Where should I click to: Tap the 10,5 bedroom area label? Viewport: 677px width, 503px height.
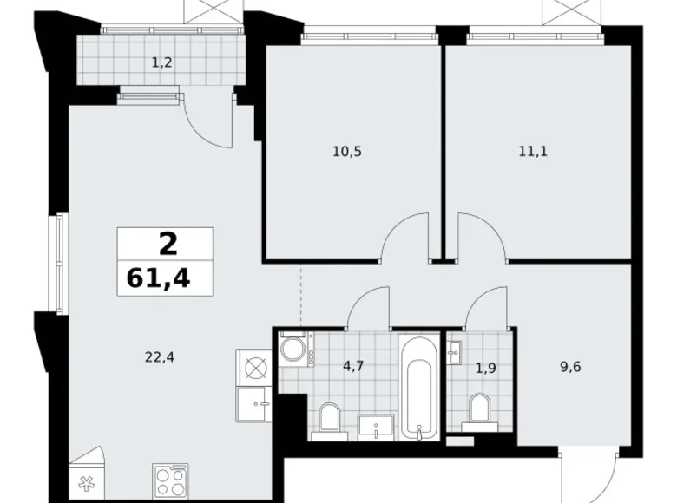coord(345,151)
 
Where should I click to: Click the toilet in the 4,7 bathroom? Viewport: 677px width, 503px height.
coord(329,420)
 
